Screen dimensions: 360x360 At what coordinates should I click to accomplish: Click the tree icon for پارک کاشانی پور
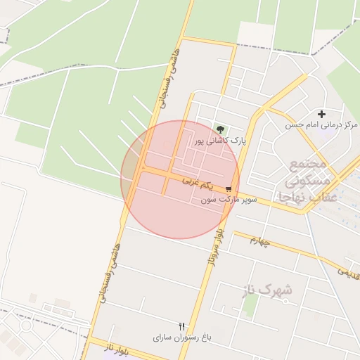(221, 129)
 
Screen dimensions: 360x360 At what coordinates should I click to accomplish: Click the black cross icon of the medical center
(322, 114)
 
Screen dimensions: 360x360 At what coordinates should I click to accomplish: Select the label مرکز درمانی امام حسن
(321, 125)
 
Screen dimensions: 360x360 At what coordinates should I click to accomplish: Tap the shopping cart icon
(229, 189)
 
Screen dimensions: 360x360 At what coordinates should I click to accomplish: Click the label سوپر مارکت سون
(229, 200)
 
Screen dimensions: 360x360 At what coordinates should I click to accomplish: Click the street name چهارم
(259, 240)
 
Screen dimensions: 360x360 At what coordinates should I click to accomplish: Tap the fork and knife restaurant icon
(182, 326)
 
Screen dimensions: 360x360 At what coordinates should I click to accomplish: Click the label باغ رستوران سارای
(182, 337)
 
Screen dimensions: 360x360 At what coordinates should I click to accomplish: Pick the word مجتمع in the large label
(308, 165)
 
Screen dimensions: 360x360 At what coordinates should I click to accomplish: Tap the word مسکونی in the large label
(307, 181)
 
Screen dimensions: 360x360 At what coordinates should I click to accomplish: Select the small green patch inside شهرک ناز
(250, 305)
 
